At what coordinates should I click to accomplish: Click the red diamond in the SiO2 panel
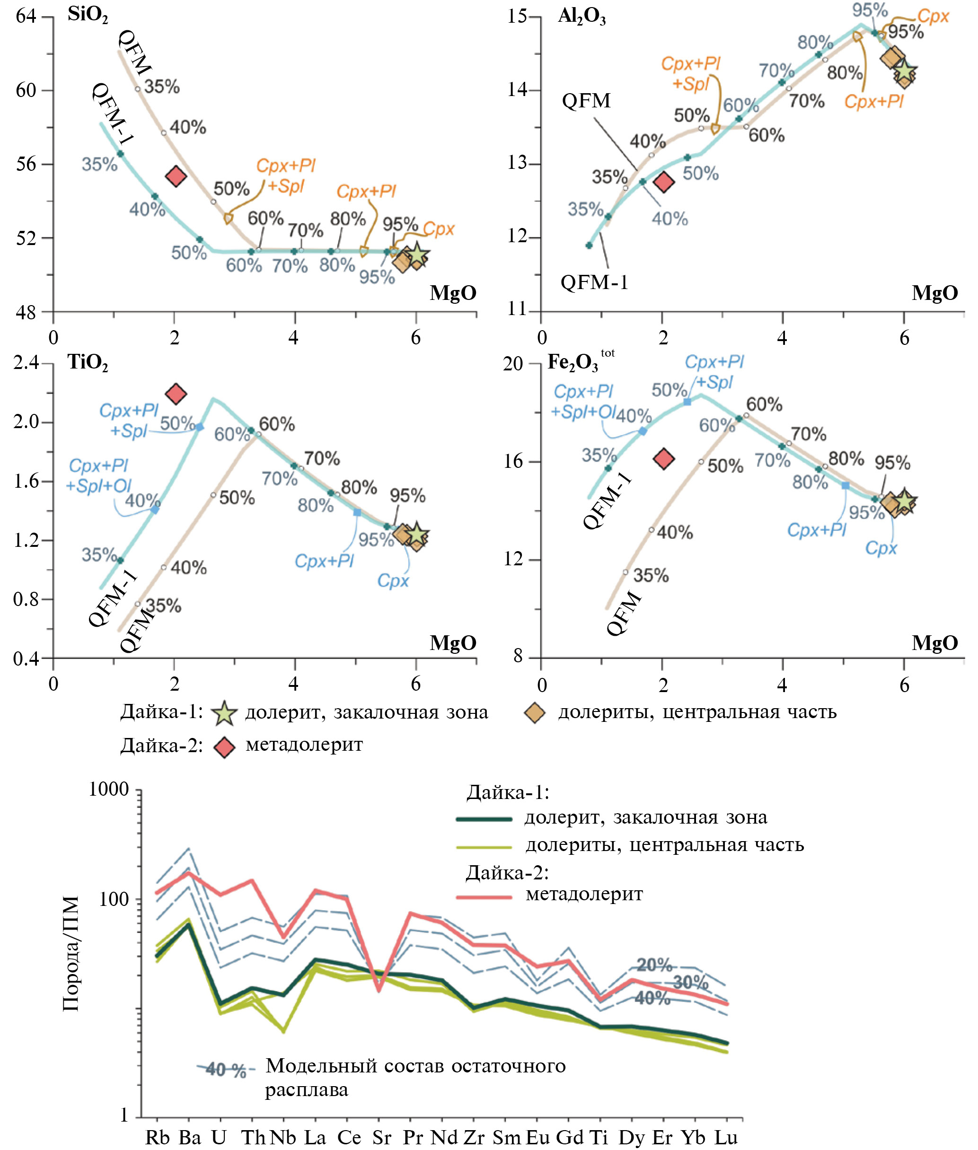pos(176,176)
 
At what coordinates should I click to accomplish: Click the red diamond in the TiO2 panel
pos(176,394)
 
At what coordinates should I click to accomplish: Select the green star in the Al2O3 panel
pos(904,71)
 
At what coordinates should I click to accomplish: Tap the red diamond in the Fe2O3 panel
pos(664,458)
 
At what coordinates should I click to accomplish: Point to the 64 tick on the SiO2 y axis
pos(26,17)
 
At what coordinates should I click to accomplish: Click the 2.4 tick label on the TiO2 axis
pos(26,363)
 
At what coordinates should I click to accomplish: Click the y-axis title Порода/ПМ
pos(71,953)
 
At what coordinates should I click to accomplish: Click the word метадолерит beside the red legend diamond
pos(304,744)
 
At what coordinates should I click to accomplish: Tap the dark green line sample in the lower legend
pos(484,818)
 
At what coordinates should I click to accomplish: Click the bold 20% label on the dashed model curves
pos(654,965)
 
